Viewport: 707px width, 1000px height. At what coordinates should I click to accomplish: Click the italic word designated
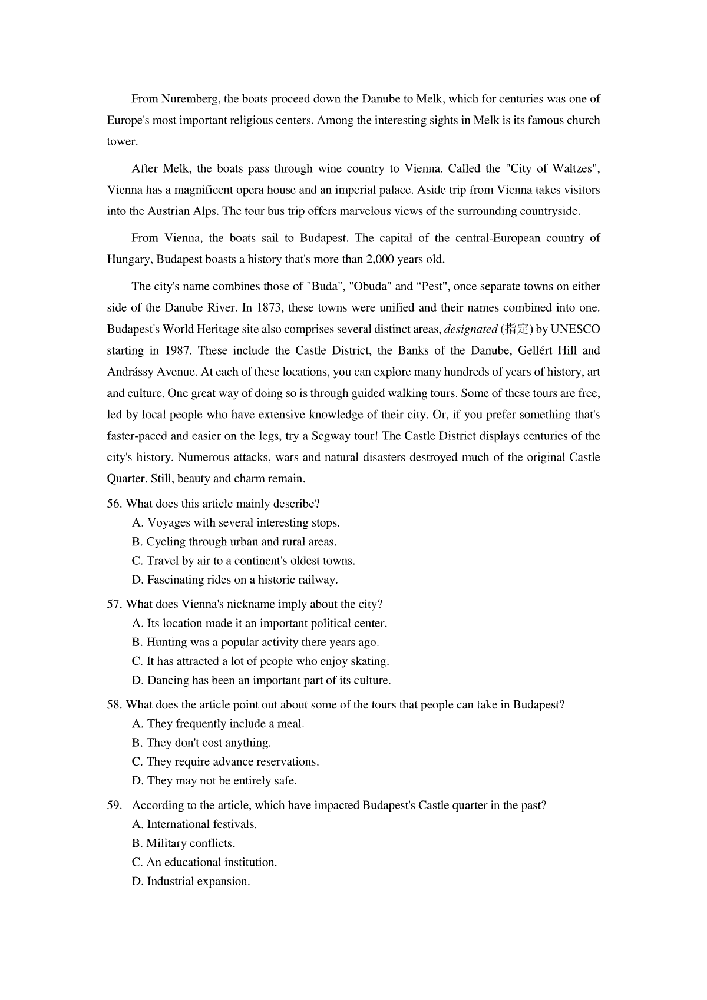point(470,329)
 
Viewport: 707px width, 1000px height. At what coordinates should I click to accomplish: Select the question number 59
point(114,806)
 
